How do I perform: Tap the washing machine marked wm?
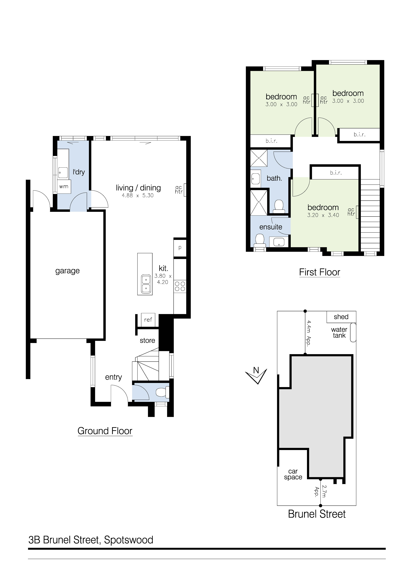pos(64,187)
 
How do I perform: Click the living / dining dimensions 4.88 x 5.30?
pos(138,195)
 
